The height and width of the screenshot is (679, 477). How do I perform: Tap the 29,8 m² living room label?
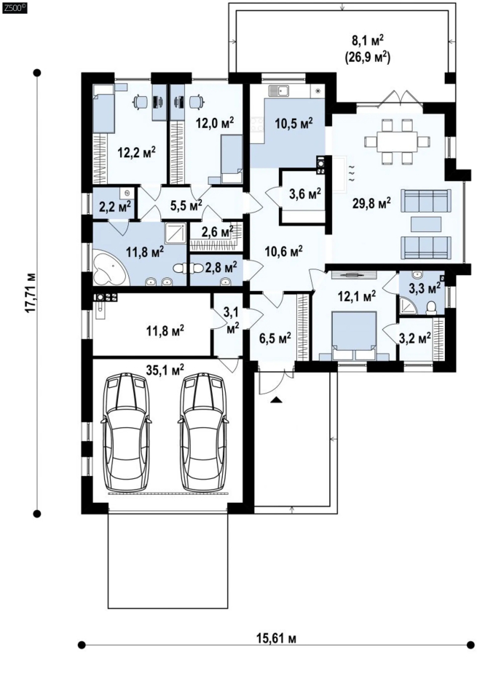[x=371, y=202]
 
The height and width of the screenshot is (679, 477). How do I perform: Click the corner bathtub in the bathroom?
[x=109, y=269]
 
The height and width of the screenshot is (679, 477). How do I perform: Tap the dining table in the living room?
[x=398, y=142]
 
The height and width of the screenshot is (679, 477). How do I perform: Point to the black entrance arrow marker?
[x=275, y=400]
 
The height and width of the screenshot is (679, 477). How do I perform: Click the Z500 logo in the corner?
[x=14, y=7]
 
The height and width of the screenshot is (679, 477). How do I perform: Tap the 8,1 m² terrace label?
[x=368, y=41]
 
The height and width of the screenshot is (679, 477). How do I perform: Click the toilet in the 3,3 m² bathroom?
[x=431, y=307]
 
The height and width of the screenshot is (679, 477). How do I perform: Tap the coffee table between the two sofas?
[x=426, y=224]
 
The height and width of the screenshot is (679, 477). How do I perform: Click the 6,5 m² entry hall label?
[x=274, y=338]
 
